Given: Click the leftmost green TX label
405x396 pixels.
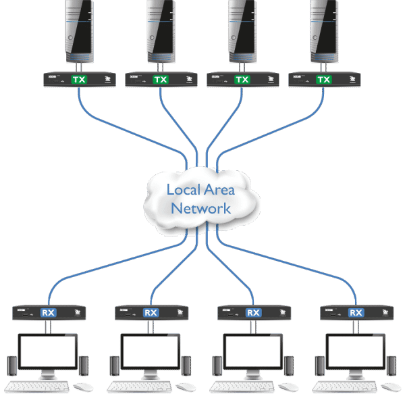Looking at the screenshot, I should [x=79, y=80].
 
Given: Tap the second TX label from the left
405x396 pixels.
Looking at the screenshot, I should [x=161, y=80].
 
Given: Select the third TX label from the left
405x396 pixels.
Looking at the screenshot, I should [x=242, y=80].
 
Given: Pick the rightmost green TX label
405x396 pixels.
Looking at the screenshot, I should [x=324, y=80].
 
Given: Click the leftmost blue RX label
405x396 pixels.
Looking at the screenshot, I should [x=49, y=312].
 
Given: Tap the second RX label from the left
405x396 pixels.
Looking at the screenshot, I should [x=151, y=312].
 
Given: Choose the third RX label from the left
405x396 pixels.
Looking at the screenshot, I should [x=253, y=312].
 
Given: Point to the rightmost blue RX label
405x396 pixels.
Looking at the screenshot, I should [x=356, y=312].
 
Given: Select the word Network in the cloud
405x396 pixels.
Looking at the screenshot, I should [x=200, y=208].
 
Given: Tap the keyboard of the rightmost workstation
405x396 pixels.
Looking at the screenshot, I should [x=344, y=388].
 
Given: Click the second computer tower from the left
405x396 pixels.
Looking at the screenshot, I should [x=161, y=30].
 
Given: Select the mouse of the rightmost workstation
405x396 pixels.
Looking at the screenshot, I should [x=389, y=388].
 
